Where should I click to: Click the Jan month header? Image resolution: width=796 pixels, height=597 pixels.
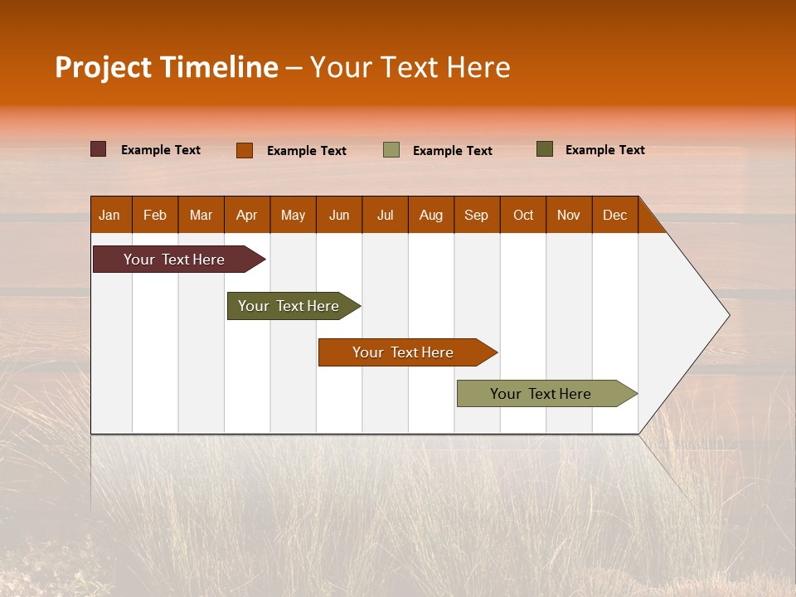(110, 215)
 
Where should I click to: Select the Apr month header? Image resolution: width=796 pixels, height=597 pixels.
(247, 215)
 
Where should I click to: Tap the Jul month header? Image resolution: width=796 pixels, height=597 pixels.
(385, 215)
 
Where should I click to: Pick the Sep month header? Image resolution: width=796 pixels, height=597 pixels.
(476, 215)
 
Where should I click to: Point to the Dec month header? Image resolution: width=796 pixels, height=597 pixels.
(614, 215)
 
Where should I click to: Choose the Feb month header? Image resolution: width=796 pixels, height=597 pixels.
(155, 215)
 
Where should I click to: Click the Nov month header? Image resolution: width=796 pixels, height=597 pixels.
(568, 215)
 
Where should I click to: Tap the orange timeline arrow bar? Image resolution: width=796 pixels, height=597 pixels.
(404, 352)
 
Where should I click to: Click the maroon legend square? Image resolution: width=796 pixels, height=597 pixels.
(99, 149)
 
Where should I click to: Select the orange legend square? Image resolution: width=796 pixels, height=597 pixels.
(245, 150)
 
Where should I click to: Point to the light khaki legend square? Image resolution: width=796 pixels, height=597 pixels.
(391, 150)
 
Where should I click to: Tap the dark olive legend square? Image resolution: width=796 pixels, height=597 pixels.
(544, 149)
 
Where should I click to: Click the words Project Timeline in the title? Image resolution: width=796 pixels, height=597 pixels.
(166, 67)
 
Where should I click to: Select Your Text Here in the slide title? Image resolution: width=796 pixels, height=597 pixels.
(410, 67)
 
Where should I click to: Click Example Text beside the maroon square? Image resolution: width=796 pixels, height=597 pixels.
(161, 150)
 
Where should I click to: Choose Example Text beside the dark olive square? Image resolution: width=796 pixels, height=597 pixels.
(604, 150)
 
